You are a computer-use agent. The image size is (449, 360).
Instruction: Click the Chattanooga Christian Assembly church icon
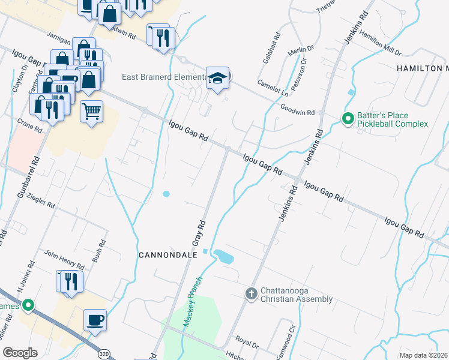[252, 293]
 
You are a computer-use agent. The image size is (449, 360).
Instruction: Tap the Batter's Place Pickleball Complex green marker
[348, 119]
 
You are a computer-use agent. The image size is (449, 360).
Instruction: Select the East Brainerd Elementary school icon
[217, 78]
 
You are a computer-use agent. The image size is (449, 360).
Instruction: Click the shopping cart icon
[91, 111]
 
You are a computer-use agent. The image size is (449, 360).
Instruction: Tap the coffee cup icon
[95, 319]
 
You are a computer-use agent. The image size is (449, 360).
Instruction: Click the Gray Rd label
[199, 232]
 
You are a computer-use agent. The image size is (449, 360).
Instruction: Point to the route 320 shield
[104, 353]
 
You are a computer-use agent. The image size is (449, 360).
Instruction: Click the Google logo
[20, 353]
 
